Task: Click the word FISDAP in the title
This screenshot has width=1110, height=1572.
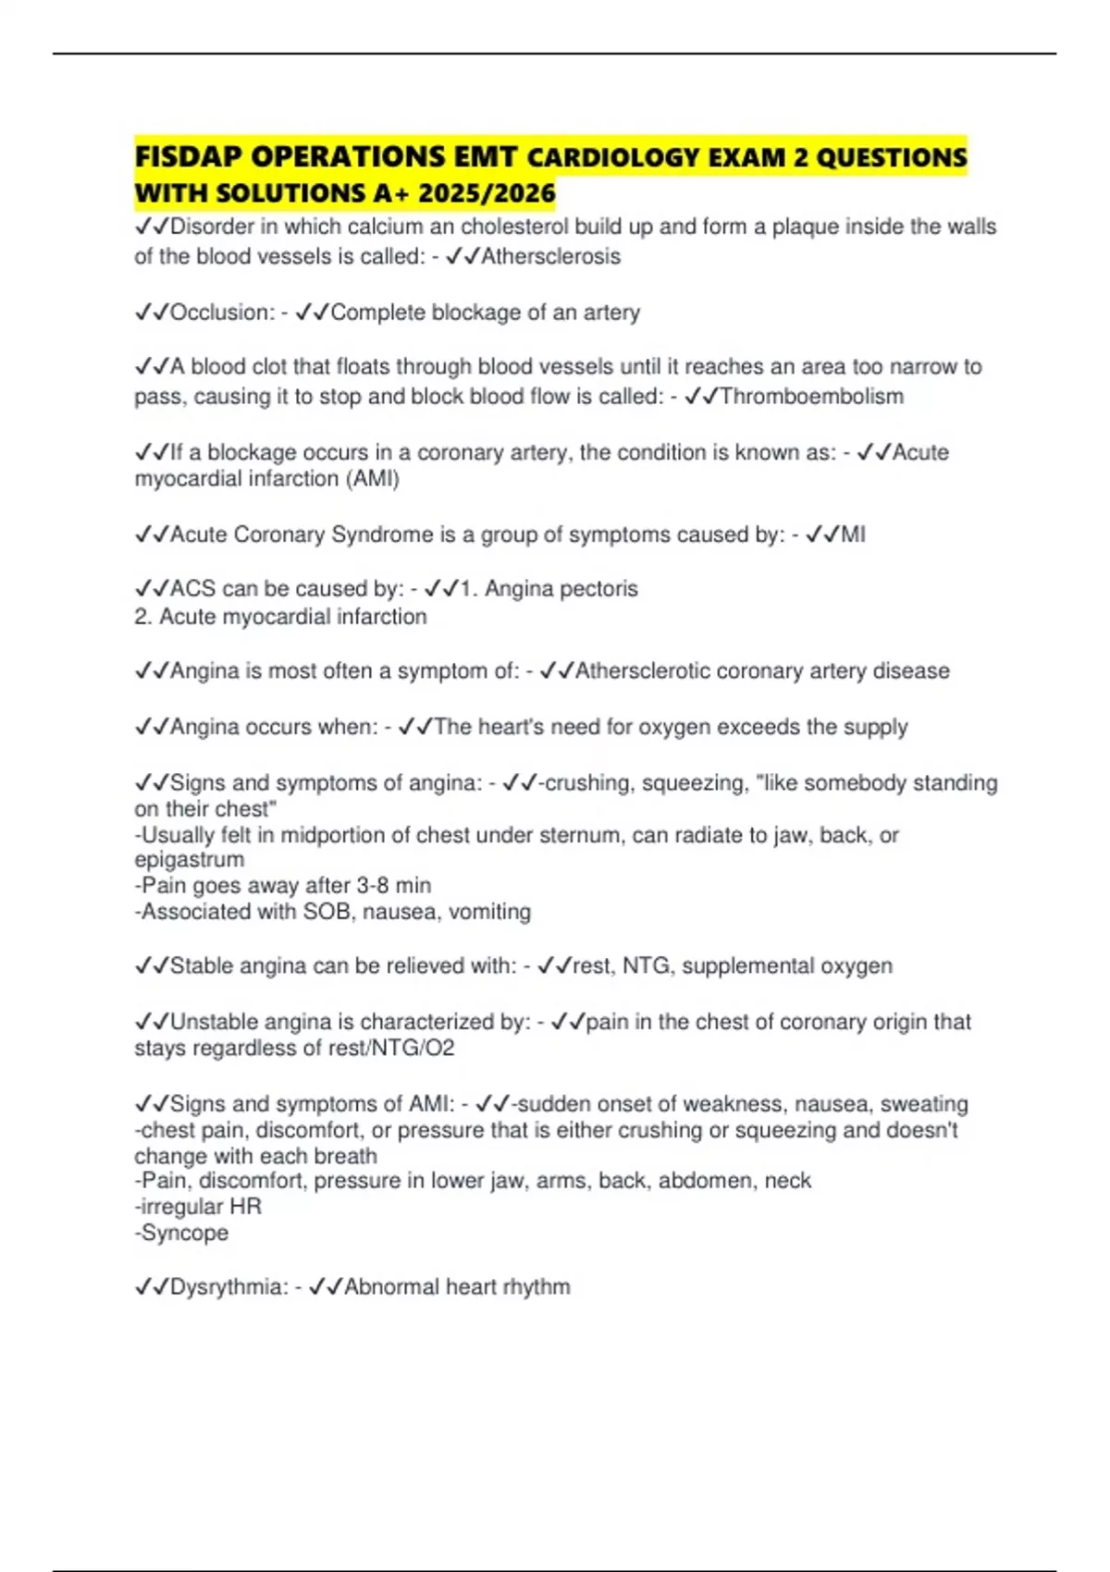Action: [188, 157]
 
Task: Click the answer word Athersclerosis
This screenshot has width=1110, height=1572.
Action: [550, 256]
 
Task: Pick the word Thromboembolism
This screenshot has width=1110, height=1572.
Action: [811, 397]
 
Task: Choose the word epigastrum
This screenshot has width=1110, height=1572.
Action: [190, 860]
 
